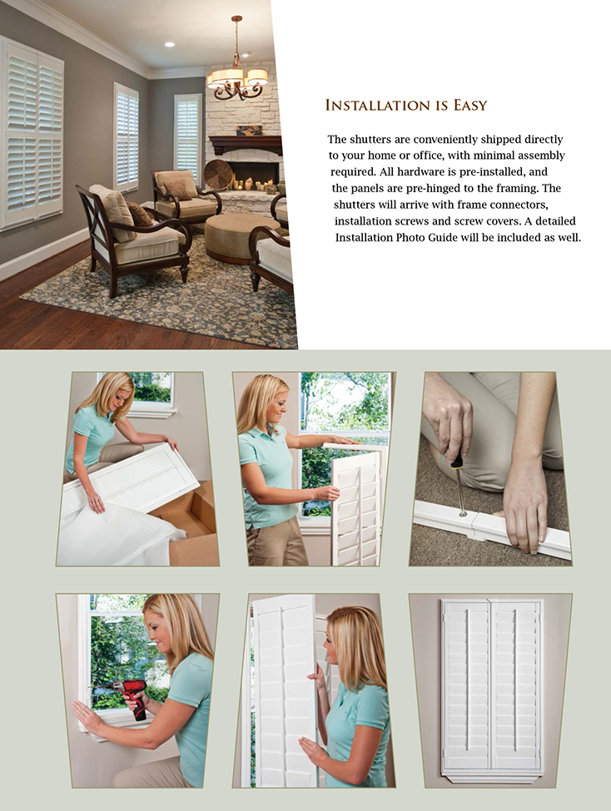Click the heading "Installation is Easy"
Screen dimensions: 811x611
[405, 106]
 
